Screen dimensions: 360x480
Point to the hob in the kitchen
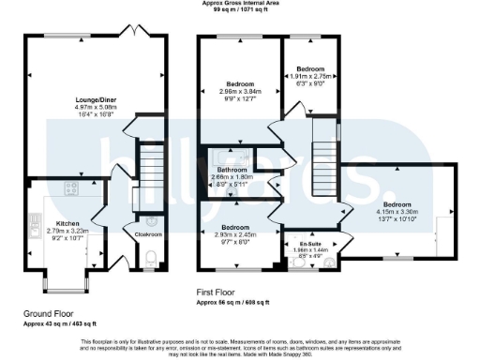pyautogui.click(x=70, y=189)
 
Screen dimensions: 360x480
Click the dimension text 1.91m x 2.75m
pyautogui.click(x=311, y=76)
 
